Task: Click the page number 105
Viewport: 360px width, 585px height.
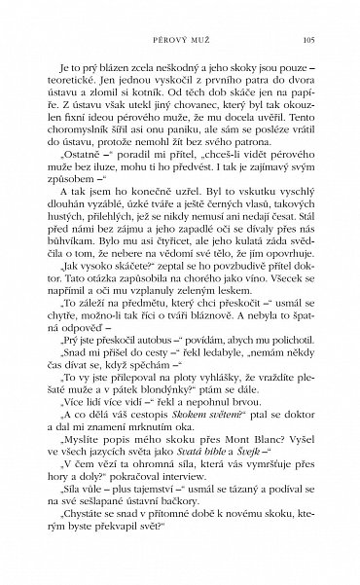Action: (x=306, y=40)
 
